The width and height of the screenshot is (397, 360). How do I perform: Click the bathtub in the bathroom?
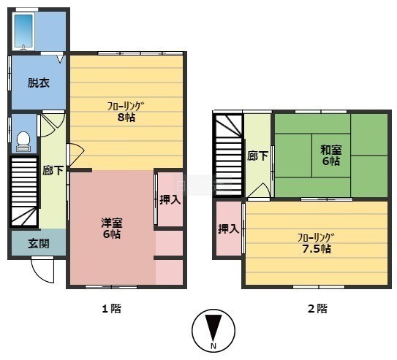click(x=23, y=31)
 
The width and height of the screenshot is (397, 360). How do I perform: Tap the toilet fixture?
click(x=23, y=142)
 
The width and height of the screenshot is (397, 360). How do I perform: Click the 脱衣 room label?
click(x=39, y=83)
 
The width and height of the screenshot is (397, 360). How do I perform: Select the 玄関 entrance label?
click(x=39, y=243)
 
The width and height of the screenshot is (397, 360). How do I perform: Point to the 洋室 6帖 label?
click(x=112, y=229)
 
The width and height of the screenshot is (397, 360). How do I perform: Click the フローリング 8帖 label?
click(x=126, y=112)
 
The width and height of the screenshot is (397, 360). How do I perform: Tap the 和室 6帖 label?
click(x=331, y=156)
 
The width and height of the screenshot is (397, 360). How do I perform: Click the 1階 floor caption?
click(x=111, y=308)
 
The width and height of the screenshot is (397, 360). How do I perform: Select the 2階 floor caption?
click(x=317, y=308)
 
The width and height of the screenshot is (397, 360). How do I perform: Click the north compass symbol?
click(x=213, y=331)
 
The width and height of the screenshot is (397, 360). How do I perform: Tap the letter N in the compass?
click(x=213, y=346)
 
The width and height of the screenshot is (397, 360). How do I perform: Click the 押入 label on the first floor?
click(x=170, y=200)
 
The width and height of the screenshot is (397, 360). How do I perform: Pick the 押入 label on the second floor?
click(x=229, y=229)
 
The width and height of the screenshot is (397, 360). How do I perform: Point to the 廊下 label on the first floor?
click(x=53, y=171)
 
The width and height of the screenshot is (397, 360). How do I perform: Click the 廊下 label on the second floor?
click(x=258, y=156)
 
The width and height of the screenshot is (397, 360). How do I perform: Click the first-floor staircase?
click(x=24, y=191)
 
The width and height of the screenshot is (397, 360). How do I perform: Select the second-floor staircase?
click(x=228, y=155)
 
